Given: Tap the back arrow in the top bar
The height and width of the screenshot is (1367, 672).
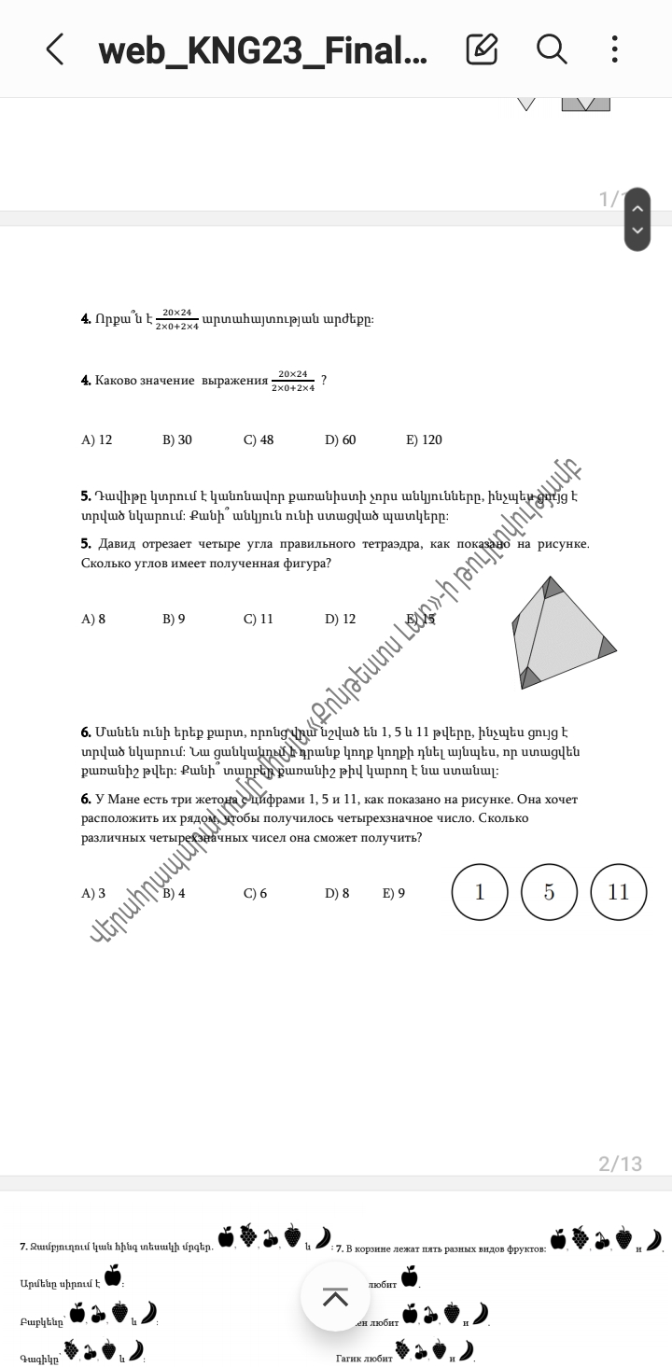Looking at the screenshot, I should coord(55,49).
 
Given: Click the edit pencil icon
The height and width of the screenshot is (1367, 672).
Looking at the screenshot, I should coord(482,49).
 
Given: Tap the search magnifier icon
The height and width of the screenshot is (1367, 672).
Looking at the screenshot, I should coord(552,49).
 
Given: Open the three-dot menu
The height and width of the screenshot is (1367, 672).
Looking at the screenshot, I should coord(614,49).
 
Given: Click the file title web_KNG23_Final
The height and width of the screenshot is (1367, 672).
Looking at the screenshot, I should coord(262,49).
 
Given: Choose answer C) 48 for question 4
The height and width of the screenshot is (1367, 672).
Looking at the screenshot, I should coord(259,439).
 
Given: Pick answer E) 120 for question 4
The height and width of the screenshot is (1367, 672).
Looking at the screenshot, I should coord(424,439).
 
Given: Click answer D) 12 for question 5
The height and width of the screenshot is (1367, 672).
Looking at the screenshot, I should coord(340,619).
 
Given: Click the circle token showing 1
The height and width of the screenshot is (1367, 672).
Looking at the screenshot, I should coord(480,892).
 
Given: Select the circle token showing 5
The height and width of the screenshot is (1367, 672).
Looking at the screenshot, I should coord(549,892).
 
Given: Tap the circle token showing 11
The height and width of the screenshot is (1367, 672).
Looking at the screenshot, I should coord(619,892).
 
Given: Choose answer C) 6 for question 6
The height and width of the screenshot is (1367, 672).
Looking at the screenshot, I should coord(255,893).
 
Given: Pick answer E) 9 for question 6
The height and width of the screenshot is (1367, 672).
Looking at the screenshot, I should coord(394,893).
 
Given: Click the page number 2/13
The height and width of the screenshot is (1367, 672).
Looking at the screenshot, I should coord(620,1164).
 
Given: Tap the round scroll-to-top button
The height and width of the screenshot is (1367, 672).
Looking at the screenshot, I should coord(335,1296).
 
